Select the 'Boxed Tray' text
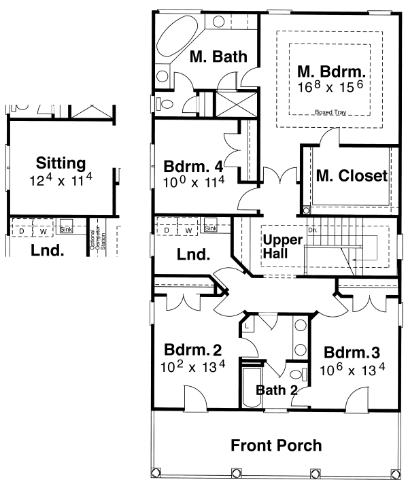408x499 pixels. tap(329, 113)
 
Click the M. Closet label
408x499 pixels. tap(352, 175)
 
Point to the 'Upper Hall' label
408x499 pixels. tap(277, 247)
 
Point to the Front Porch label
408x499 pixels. tap(275, 446)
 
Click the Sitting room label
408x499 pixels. tap(61, 163)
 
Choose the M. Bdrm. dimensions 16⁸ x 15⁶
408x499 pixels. tap(330, 88)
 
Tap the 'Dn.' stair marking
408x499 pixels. tap(312, 230)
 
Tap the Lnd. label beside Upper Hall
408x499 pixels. tap(193, 255)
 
